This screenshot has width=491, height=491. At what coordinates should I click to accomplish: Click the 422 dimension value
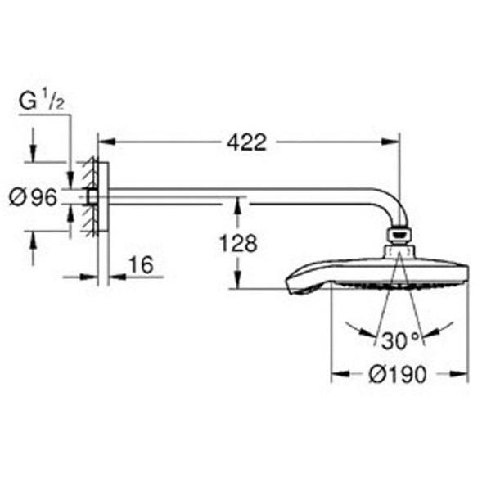(246, 142)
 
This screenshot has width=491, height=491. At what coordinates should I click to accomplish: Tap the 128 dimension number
(238, 243)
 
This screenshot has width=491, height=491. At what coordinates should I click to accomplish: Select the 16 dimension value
(142, 265)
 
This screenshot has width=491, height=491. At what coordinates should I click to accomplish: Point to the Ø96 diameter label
(34, 197)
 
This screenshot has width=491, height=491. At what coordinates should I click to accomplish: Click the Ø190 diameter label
(398, 374)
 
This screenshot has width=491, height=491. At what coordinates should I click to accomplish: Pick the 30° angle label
(400, 341)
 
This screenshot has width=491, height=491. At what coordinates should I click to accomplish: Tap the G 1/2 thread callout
(42, 100)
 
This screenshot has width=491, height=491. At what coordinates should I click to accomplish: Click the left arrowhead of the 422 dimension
(107, 142)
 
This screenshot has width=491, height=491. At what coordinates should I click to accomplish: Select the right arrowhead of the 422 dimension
(391, 142)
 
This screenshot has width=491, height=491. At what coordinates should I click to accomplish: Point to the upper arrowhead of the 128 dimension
(237, 205)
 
